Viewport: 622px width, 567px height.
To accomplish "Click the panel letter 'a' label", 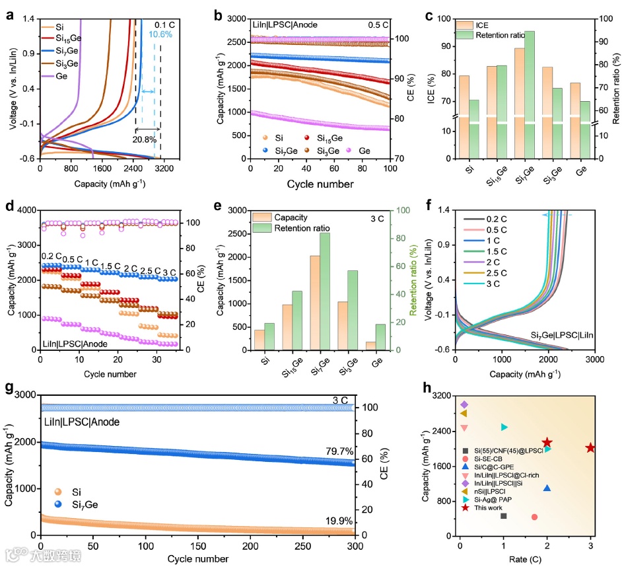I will pos(11,12).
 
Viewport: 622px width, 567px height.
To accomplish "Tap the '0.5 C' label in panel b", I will pos(378,24).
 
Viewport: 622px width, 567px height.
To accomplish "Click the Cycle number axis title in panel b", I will pos(320,183).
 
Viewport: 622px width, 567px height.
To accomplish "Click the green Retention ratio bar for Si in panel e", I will pos(268,336).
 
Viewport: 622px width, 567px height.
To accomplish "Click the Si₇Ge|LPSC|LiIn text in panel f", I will pos(561,336).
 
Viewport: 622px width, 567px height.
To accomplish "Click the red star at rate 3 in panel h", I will pos(590,447).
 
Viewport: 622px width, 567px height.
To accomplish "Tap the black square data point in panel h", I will pos(503,515).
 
